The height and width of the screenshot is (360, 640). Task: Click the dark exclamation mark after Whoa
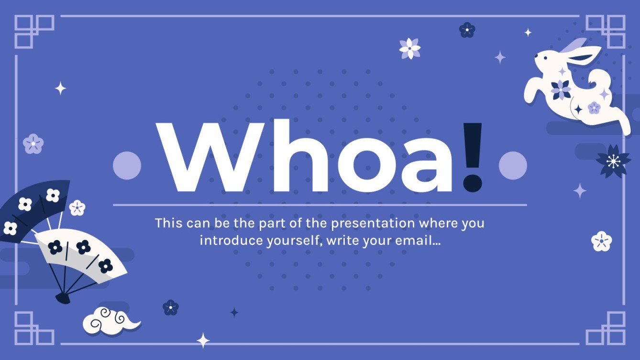click(473, 155)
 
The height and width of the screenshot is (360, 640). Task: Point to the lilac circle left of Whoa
click(127, 165)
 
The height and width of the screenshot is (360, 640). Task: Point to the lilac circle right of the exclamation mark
click(513, 165)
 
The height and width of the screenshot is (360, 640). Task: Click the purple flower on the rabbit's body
click(561, 89)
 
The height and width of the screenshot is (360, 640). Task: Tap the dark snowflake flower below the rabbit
click(613, 162)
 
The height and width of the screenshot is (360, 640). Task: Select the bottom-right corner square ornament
click(606, 328)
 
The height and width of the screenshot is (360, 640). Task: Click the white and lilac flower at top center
click(410, 48)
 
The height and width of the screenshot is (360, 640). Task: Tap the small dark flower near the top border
click(467, 30)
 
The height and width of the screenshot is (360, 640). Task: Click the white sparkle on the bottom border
click(203, 340)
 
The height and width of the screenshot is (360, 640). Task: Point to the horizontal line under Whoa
click(320, 205)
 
